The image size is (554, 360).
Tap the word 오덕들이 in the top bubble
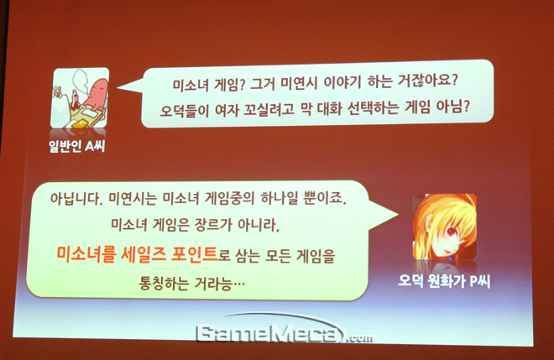point(183,110)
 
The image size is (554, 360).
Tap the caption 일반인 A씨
point(77,145)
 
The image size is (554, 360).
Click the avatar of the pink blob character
point(80,98)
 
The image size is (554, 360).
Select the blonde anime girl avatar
point(445,227)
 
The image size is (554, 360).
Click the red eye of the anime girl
point(452,231)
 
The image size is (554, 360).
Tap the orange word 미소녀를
point(86,253)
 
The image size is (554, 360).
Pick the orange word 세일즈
point(143,253)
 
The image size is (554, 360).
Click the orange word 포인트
point(194,253)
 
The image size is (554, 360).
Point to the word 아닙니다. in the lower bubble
point(76,199)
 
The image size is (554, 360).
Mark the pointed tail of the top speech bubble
point(118,87)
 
